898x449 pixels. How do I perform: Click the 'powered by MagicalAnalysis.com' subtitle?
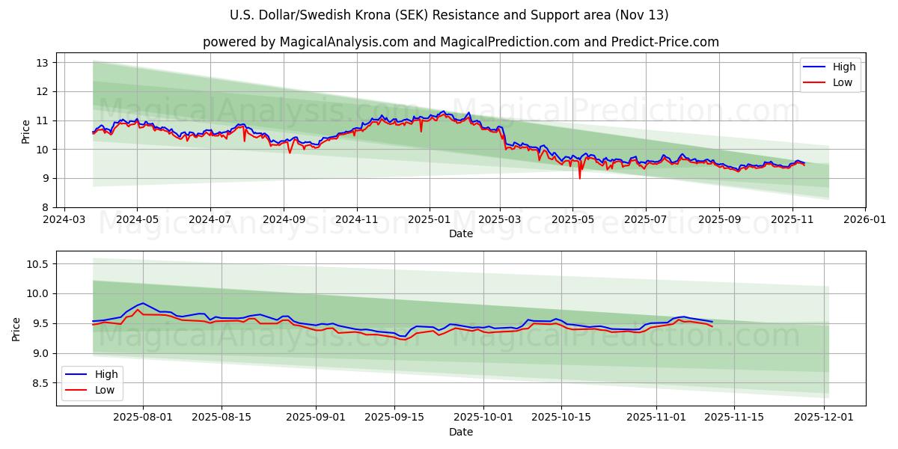pyautogui.click(x=460, y=42)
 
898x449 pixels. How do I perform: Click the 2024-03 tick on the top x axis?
pyautogui.click(x=64, y=220)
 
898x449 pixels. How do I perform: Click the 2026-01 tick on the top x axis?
pyautogui.click(x=865, y=220)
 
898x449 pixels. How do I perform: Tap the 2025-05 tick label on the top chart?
pyautogui.click(x=572, y=220)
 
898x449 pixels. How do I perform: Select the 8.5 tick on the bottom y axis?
pyautogui.click(x=40, y=383)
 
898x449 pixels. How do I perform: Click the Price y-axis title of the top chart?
pyautogui.click(x=26, y=132)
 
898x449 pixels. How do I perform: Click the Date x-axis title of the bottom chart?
pyautogui.click(x=460, y=432)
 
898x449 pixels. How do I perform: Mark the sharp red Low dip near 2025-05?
pyautogui.click(x=579, y=177)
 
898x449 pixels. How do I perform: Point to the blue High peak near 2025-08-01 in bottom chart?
pyautogui.click(x=142, y=303)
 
